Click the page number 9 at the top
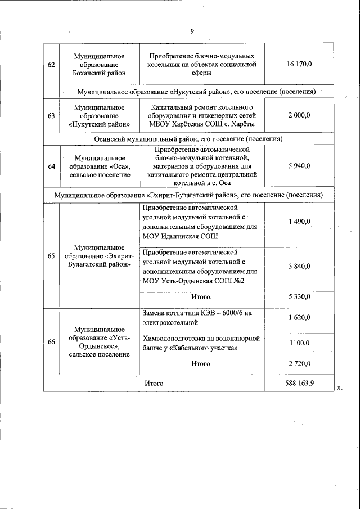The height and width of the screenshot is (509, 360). tap(191, 31)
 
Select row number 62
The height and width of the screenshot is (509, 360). tap(51, 65)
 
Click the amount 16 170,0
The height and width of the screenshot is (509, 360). tap(299, 65)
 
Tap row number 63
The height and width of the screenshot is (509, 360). tap(51, 115)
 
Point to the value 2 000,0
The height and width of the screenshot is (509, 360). tap(299, 115)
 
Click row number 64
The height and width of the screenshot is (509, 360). tap(51, 166)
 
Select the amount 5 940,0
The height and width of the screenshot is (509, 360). tap(299, 166)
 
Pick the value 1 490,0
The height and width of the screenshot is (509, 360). tap(299, 222)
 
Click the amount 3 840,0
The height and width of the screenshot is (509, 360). tap(299, 267)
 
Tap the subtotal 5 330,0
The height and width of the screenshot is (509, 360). tap(299, 296)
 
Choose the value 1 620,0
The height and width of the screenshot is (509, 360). tap(299, 318)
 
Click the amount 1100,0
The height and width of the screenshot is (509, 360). tap(299, 343)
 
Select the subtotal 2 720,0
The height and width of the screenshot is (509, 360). tap(299, 364)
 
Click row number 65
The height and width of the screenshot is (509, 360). tap(51, 256)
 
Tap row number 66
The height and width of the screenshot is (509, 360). tap(51, 340)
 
